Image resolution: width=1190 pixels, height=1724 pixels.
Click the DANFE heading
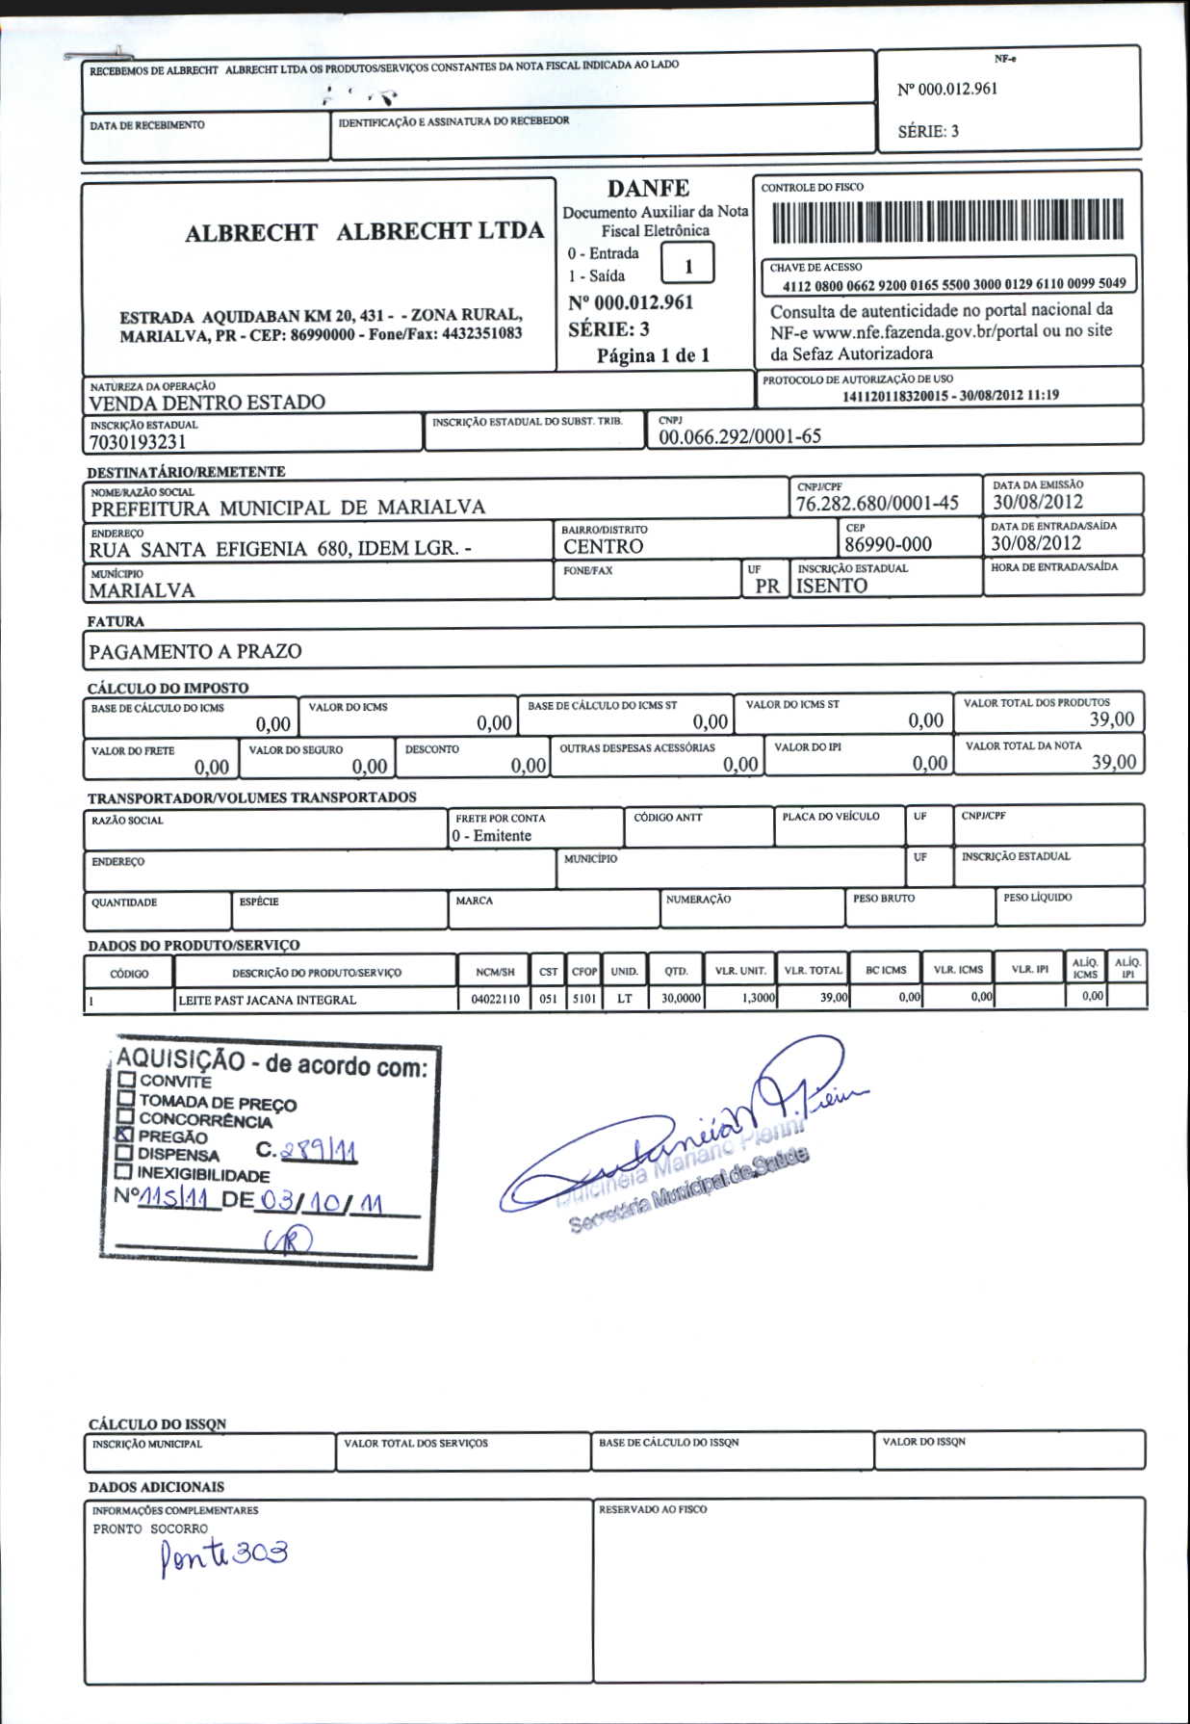point(648,188)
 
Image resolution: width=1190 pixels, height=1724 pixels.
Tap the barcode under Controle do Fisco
point(947,220)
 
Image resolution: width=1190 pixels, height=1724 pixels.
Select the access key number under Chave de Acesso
point(953,284)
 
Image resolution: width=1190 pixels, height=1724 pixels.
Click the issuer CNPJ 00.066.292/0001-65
point(739,436)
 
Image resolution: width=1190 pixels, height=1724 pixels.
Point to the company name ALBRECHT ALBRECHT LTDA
point(364,232)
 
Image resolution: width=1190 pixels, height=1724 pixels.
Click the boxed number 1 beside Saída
point(687,265)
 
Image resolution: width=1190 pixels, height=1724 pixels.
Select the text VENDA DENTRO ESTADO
point(207,403)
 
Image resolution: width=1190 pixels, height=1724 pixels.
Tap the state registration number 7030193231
point(138,442)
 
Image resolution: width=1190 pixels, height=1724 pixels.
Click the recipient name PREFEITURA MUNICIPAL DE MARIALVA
point(288,508)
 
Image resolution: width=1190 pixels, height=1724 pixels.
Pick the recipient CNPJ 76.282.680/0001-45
point(877,503)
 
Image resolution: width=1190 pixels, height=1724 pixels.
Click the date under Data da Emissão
point(1038,501)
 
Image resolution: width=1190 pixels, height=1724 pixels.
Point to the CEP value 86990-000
point(888,544)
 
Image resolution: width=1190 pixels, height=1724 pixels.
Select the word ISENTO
point(832,586)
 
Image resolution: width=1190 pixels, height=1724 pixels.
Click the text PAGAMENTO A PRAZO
point(195,651)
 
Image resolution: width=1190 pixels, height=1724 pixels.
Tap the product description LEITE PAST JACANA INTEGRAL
point(267,1000)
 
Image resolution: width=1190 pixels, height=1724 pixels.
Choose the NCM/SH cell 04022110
point(495,999)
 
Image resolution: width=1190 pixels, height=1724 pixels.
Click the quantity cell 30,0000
point(681,999)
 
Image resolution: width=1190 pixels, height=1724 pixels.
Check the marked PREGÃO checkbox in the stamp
point(124,1135)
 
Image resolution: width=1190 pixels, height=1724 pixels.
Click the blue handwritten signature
point(674,1136)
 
